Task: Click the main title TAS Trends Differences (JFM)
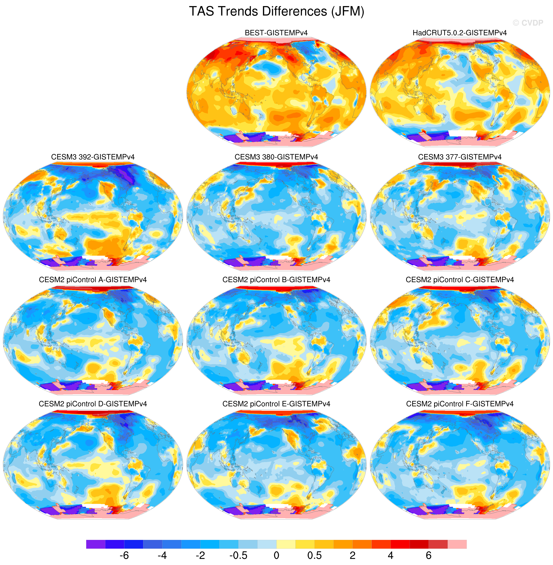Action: (x=276, y=12)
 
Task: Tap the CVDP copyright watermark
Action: (x=528, y=23)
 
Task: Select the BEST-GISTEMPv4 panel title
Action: (x=276, y=33)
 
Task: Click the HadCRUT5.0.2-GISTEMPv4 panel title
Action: (x=460, y=33)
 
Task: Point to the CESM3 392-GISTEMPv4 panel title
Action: (x=93, y=157)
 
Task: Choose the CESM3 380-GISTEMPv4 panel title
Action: (x=276, y=157)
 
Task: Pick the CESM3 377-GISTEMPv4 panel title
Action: (x=460, y=157)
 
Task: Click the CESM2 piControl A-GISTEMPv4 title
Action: (x=93, y=280)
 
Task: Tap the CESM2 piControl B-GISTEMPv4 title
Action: (x=276, y=280)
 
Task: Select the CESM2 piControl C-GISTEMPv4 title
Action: (x=460, y=280)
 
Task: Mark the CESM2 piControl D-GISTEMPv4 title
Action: (x=93, y=404)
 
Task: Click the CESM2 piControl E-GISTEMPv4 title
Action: (x=276, y=404)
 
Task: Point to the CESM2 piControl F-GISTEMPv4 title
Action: (x=460, y=404)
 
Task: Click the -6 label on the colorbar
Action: (x=124, y=555)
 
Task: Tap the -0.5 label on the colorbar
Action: (x=239, y=555)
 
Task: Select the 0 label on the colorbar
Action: (x=276, y=555)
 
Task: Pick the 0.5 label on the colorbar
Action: (x=314, y=555)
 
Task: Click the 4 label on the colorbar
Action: (x=391, y=555)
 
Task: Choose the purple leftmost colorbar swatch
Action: (x=96, y=544)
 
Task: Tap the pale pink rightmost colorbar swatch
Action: (x=457, y=544)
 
